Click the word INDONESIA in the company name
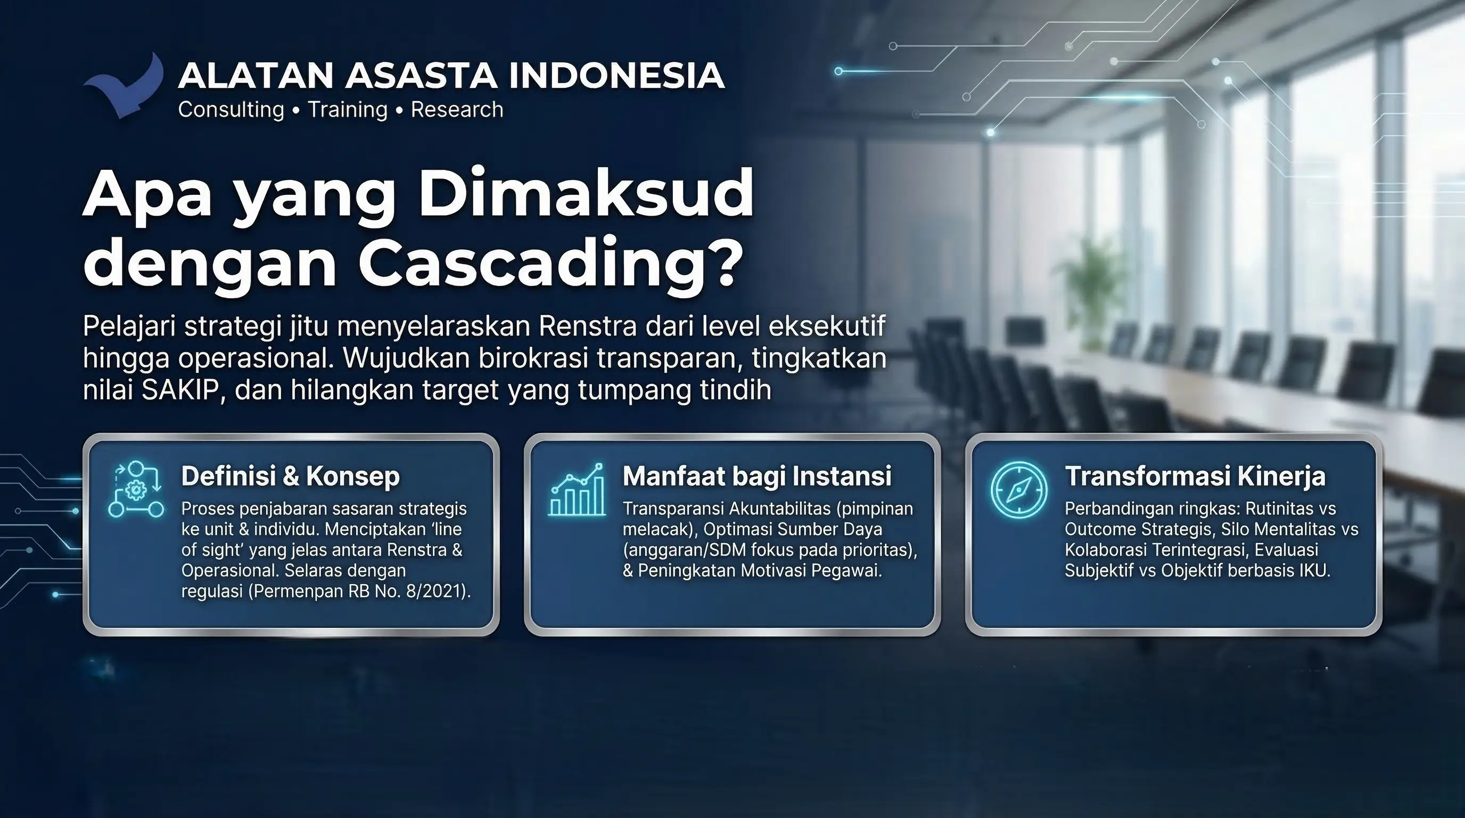click(x=616, y=75)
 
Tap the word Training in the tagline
click(x=348, y=109)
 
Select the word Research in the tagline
click(x=457, y=109)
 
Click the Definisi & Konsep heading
click(x=291, y=476)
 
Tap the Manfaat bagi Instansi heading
click(x=757, y=476)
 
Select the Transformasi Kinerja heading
click(x=1195, y=476)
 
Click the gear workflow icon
click(x=136, y=490)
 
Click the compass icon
click(x=1018, y=490)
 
